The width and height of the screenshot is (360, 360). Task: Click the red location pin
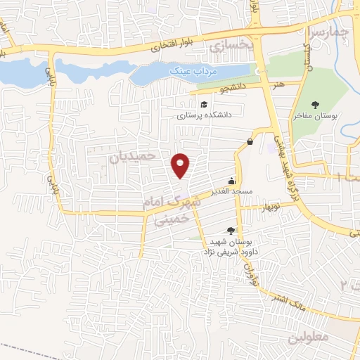pyautogui.click(x=181, y=165)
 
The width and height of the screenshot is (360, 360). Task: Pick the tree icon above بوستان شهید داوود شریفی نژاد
pyautogui.click(x=231, y=230)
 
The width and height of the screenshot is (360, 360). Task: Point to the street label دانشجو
pyautogui.click(x=233, y=89)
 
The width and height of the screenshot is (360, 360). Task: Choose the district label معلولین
pyautogui.click(x=308, y=337)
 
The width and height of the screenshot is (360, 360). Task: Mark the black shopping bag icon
pyautogui.click(x=250, y=141)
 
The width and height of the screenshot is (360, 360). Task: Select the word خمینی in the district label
pyautogui.click(x=167, y=220)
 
